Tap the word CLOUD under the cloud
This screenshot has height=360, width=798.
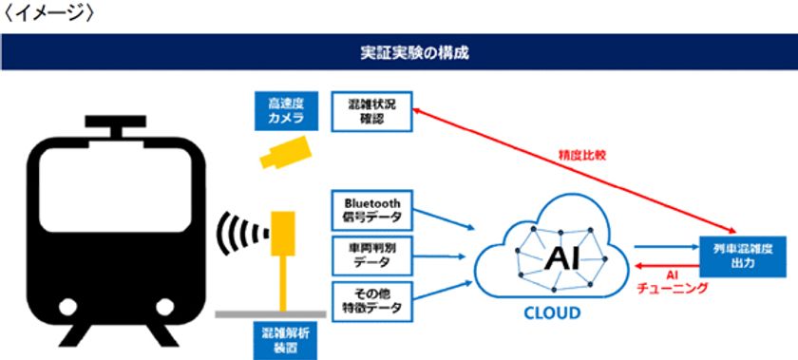544,312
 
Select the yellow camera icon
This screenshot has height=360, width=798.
284,153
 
